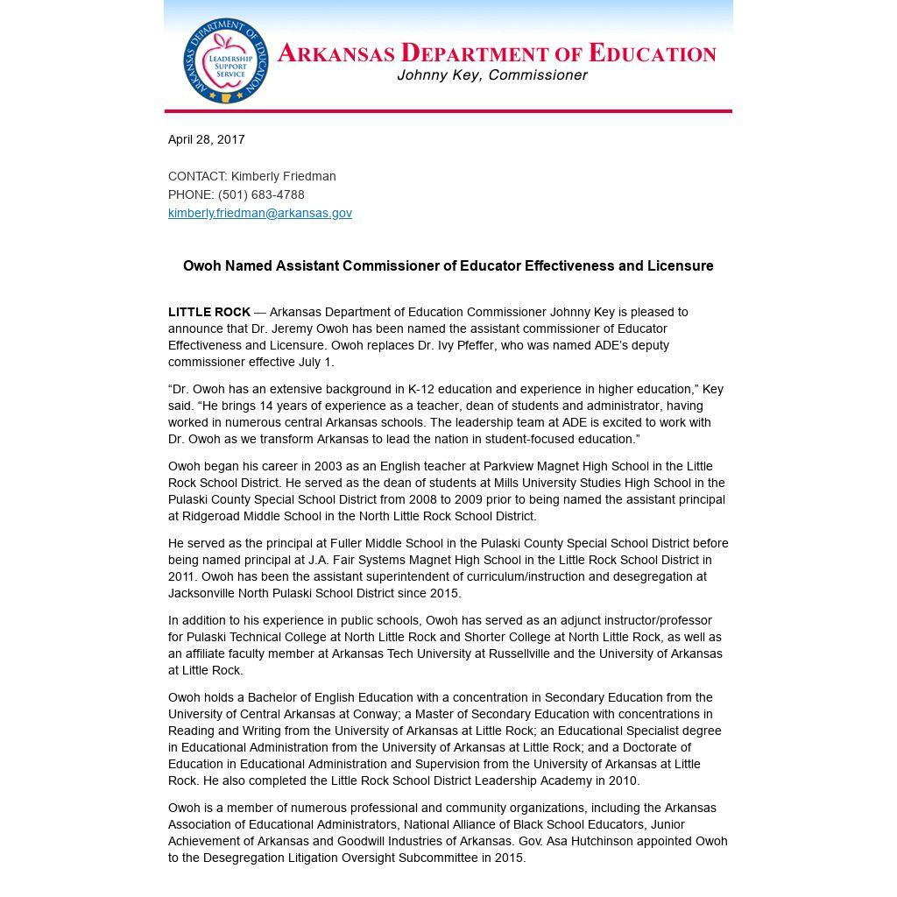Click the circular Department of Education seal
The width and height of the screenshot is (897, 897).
tap(225, 60)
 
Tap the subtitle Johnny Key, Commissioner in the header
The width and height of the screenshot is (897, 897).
tap(491, 75)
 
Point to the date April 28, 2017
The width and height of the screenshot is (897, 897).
tap(207, 139)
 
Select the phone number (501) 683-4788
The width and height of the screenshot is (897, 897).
tap(261, 194)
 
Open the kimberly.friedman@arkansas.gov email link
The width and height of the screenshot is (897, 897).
tap(260, 213)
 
